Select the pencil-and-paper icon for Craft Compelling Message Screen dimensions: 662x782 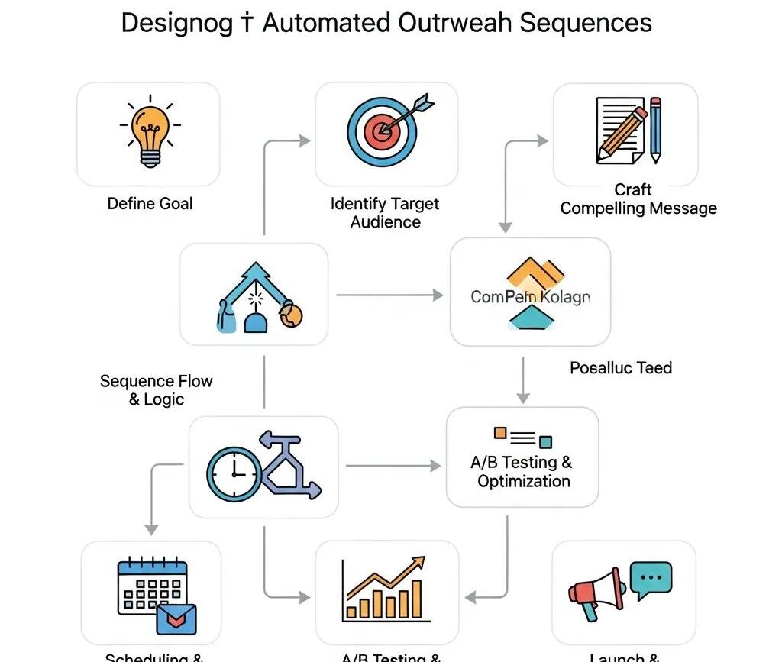click(628, 131)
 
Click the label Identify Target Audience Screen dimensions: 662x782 click(386, 213)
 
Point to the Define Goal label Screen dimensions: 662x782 click(150, 204)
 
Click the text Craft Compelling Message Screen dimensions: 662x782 click(638, 199)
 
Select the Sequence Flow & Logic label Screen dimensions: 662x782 click(157, 389)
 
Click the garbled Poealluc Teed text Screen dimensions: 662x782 click(621, 368)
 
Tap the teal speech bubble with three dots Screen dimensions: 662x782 click(651, 579)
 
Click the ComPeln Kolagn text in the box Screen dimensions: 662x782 click(530, 297)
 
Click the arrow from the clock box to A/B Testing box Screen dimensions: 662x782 click(394, 465)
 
